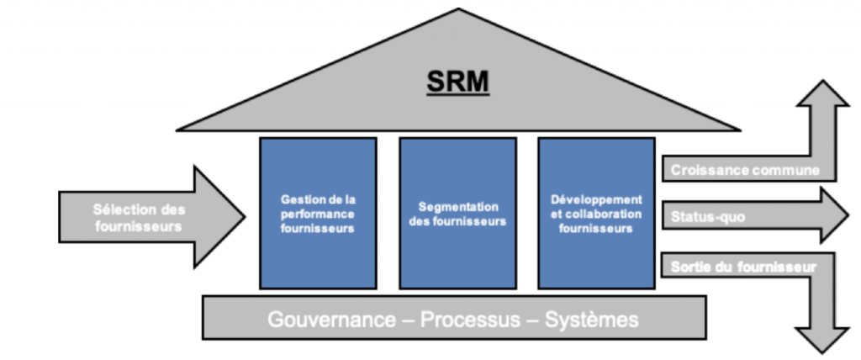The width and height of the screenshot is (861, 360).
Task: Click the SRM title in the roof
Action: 458,82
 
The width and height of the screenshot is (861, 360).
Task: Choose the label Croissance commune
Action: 745,170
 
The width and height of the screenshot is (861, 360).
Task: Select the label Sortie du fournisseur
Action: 744,267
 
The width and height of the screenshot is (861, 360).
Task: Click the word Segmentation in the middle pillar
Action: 457,207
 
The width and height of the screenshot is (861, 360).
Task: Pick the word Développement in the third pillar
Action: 596,200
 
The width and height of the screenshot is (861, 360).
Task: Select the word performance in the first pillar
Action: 318,214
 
